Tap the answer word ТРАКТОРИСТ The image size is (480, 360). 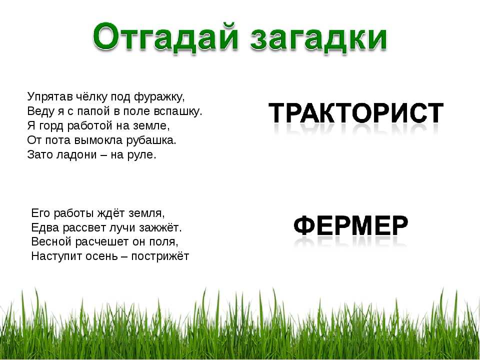[x=356, y=112]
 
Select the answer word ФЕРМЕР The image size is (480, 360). [x=351, y=225]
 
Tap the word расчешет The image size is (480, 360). [x=102, y=242]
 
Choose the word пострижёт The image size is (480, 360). [x=160, y=256]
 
